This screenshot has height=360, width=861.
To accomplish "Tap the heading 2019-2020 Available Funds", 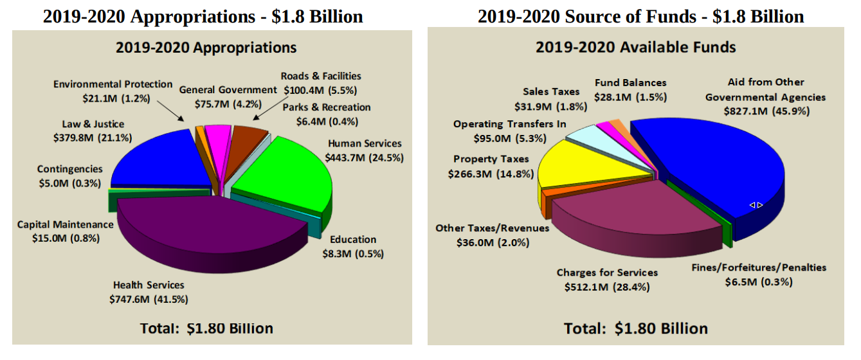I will [x=635, y=47].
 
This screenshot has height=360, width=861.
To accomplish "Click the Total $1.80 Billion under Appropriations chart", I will [x=206, y=328].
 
